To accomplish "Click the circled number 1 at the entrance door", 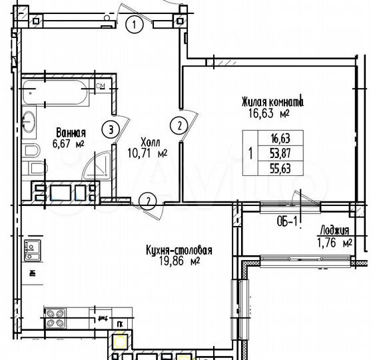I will point(135,26).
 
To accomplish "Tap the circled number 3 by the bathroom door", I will point(114,128).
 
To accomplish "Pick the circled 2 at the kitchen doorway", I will point(150,199).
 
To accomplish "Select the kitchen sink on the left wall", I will point(31,252).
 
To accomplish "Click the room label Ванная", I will point(71,132).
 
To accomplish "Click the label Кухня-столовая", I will point(178,250).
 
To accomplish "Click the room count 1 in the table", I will point(249,153).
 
